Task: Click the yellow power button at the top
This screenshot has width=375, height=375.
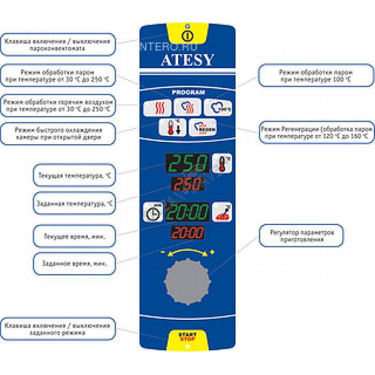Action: click(x=187, y=36)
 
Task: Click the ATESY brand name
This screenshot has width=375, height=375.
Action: click(x=187, y=60)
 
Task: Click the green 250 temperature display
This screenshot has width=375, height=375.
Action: click(x=187, y=163)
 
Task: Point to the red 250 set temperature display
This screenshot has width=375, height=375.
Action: click(x=187, y=185)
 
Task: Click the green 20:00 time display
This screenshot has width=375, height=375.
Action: click(x=187, y=212)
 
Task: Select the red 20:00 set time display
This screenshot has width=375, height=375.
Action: click(x=187, y=234)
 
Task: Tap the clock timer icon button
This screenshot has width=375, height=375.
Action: click(x=153, y=212)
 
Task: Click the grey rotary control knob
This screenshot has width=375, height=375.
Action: click(x=187, y=280)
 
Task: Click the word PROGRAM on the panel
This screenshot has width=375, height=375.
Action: click(x=188, y=92)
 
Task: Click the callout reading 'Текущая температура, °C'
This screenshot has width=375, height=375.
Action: click(x=74, y=175)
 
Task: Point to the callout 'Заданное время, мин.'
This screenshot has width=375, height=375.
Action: click(x=74, y=263)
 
